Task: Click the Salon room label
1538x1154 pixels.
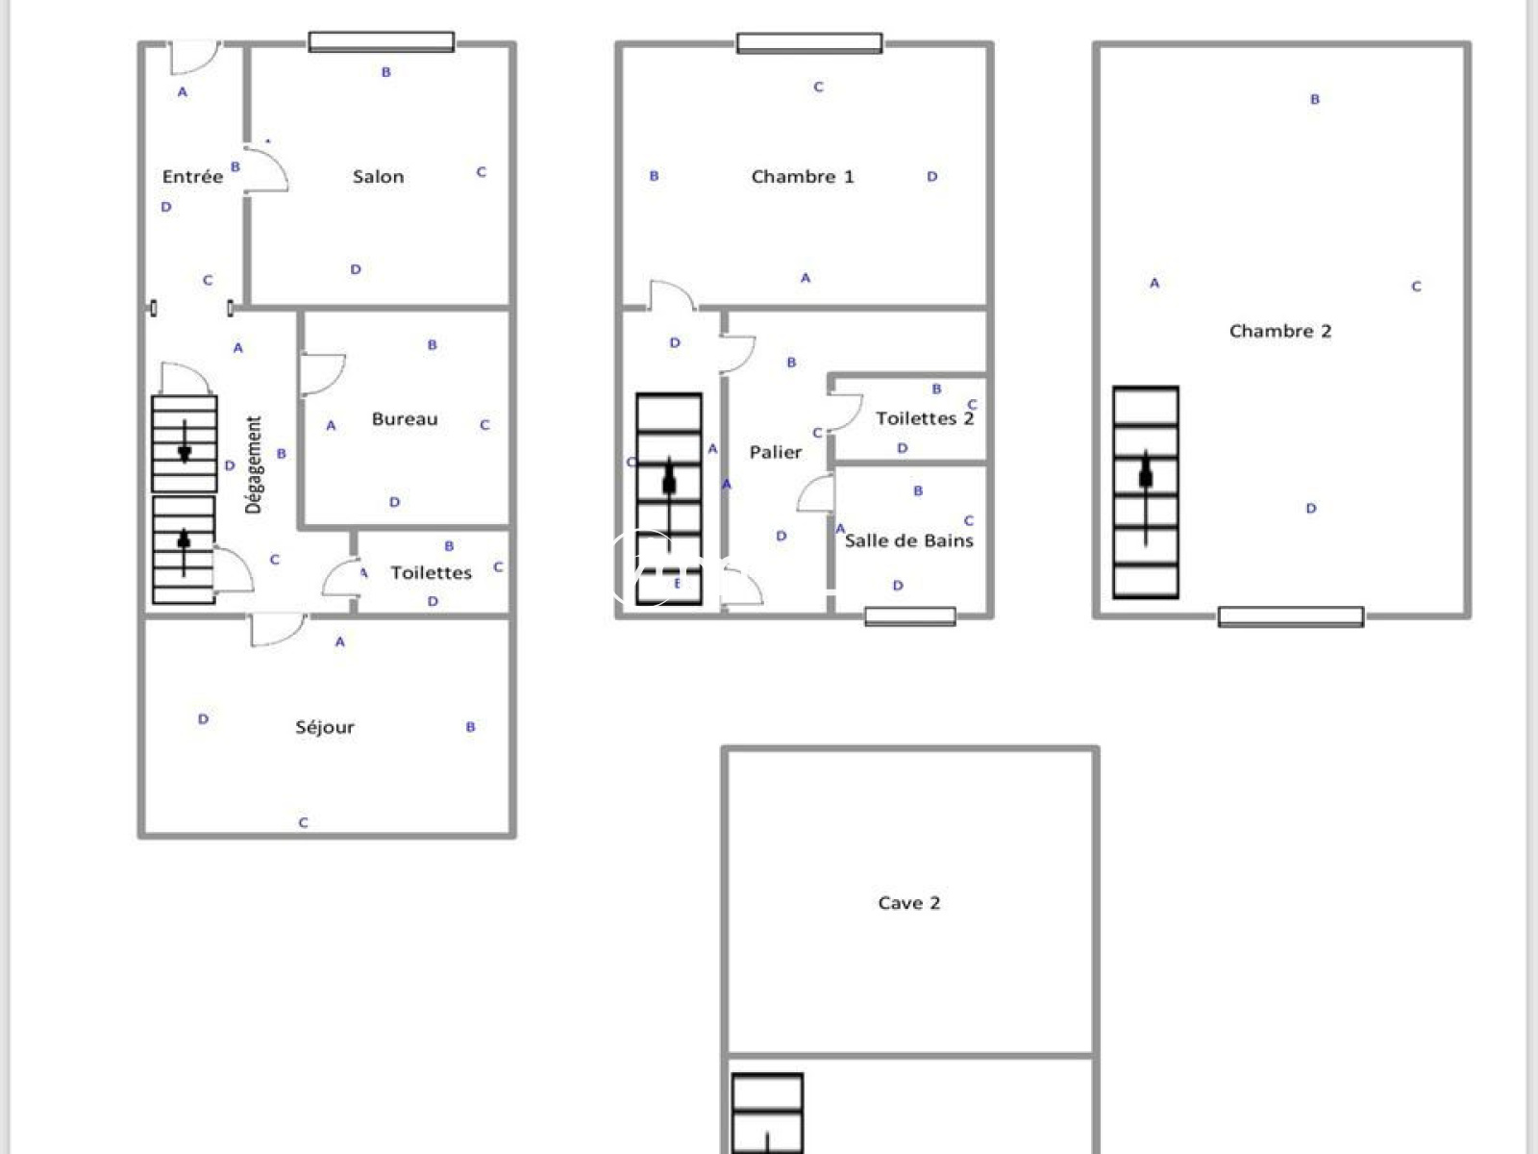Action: (379, 177)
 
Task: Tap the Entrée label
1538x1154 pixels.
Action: (192, 177)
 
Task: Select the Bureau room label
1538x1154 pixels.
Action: (405, 419)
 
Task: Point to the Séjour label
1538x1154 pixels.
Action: (325, 728)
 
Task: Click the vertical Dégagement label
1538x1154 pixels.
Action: (254, 464)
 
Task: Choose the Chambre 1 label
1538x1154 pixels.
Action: (803, 177)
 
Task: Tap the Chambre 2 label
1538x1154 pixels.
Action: (1280, 331)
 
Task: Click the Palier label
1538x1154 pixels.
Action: (776, 452)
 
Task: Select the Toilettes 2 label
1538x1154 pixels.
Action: (925, 418)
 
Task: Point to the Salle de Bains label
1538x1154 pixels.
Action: (908, 540)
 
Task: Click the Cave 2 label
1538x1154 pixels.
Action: (908, 902)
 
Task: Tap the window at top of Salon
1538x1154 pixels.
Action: (382, 42)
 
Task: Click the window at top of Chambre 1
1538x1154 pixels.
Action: (809, 42)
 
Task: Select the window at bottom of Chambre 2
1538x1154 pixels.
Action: (1291, 616)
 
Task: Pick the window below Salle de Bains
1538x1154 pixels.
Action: (910, 616)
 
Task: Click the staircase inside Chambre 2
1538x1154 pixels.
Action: (1146, 492)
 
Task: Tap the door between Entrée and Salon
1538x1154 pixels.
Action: (266, 169)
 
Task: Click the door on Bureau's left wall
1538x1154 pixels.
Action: (323, 374)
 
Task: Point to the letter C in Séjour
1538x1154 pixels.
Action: (304, 822)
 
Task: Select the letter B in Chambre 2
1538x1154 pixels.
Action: (1314, 99)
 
